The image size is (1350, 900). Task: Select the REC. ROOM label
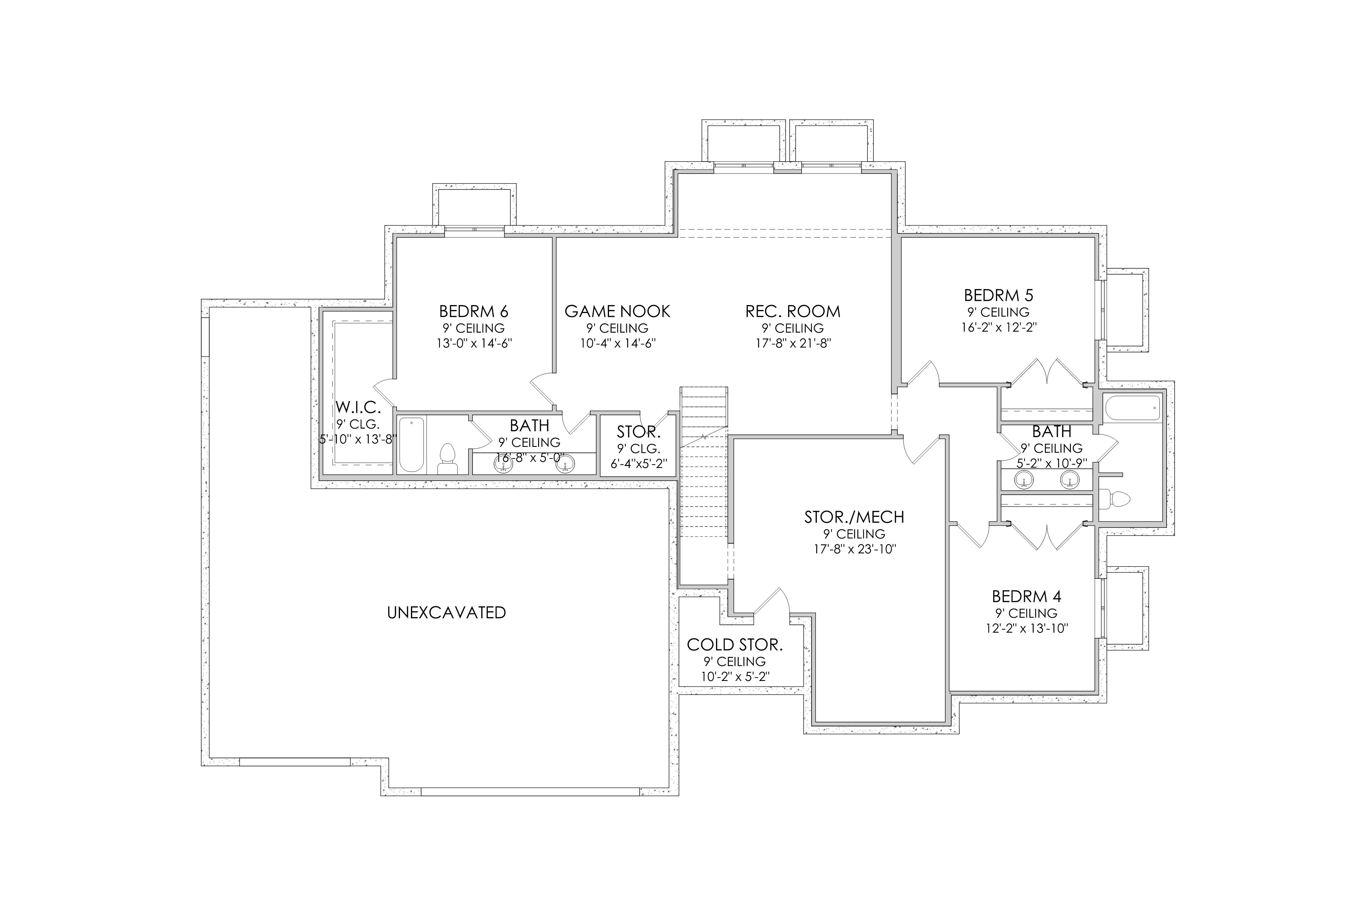[x=793, y=312]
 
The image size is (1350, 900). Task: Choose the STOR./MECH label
[x=854, y=517]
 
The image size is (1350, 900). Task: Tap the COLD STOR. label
[x=735, y=645]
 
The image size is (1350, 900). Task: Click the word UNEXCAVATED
[x=447, y=613]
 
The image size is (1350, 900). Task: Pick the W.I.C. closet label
[x=358, y=407]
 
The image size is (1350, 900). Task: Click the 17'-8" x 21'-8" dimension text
[x=793, y=344]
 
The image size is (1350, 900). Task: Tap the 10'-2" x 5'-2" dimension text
[x=735, y=677]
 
